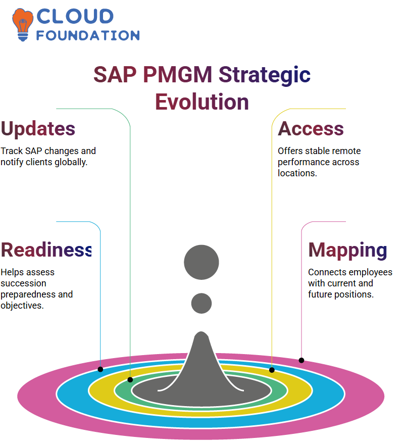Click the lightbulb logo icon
tap(22, 25)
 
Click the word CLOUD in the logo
tap(75, 16)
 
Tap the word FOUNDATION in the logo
tap(88, 35)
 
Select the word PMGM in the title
tap(178, 74)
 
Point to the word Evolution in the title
tap(202, 102)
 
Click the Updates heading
tap(38, 129)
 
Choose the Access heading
tap(311, 129)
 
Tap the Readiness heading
tap(46, 250)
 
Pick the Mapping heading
tap(347, 251)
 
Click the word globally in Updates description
tap(71, 162)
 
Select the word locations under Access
tap(297, 173)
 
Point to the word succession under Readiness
tap(24, 283)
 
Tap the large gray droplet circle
tap(201, 262)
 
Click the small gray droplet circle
tap(201, 303)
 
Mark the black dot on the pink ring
tap(301, 360)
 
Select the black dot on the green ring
tap(130, 380)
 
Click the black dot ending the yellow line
tap(272, 370)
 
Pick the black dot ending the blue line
tap(100, 369)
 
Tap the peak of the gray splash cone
tap(201, 332)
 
